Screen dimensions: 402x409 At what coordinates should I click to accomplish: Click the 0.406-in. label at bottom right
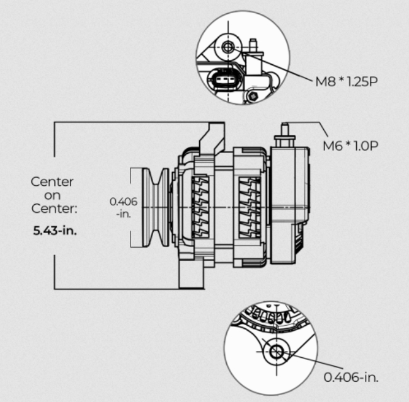352,377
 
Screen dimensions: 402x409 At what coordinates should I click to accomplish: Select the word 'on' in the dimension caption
53,195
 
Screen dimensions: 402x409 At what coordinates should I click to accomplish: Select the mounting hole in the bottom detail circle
275,353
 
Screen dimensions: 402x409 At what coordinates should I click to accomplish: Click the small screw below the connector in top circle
252,96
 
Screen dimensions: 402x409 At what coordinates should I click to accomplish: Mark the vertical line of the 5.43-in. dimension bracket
55,151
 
